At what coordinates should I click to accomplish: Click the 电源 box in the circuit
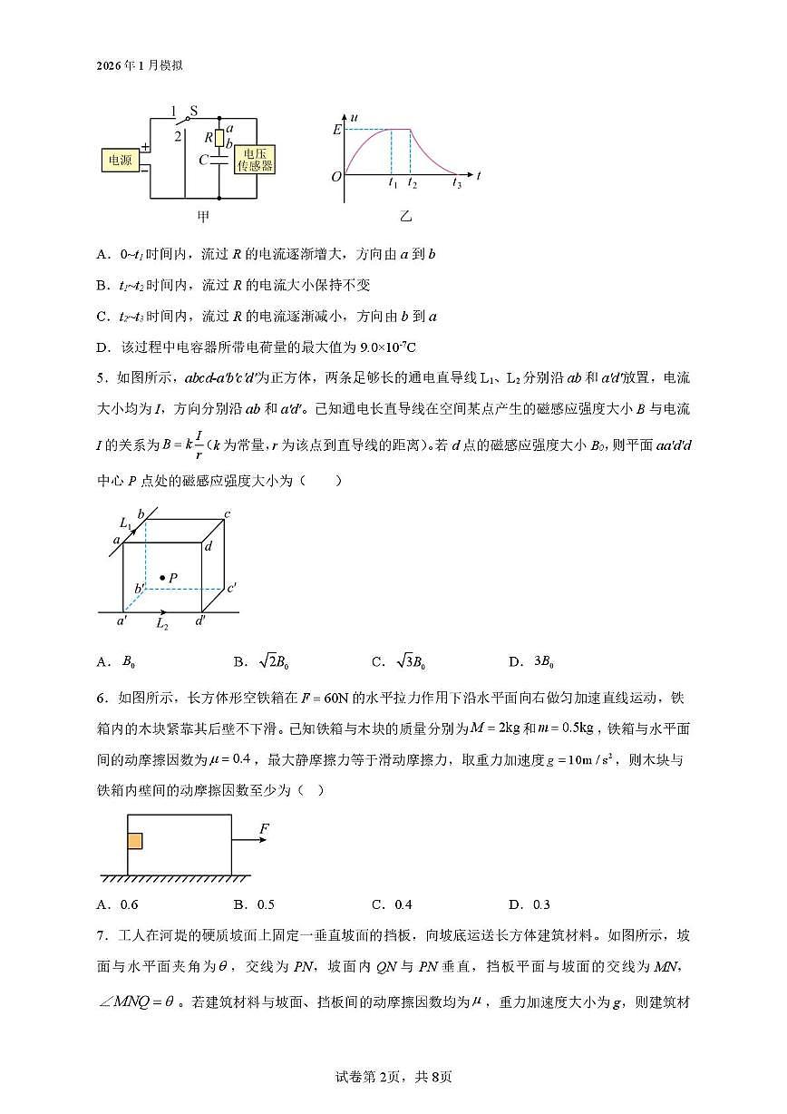click(119, 160)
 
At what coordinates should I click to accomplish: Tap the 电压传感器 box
click(255, 160)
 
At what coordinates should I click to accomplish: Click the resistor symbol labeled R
click(219, 138)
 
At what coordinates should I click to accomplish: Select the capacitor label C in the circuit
click(204, 160)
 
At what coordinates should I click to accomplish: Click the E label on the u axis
click(336, 130)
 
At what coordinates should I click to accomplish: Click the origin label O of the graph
click(335, 176)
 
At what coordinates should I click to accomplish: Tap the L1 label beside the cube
click(126, 523)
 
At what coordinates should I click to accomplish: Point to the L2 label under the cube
click(161, 624)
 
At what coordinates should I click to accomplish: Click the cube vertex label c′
click(232, 588)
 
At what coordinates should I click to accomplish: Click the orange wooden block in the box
click(135, 841)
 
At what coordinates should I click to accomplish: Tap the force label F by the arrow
click(265, 828)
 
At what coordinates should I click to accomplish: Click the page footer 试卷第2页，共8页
click(393, 1077)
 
